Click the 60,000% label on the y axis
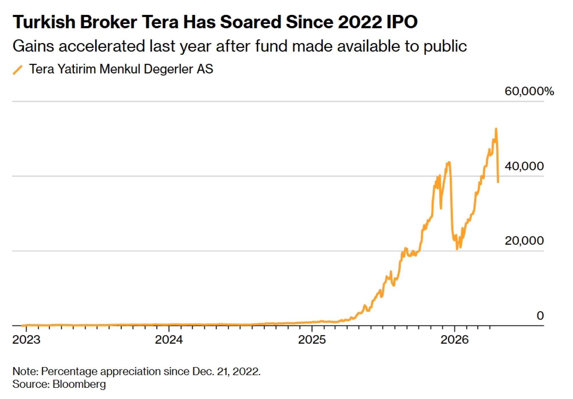coord(529,91)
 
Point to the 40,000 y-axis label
coord(524,166)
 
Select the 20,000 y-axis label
coord(524,241)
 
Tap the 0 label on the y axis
coord(540,316)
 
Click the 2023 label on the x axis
coord(26,340)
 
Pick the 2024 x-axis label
coord(169,340)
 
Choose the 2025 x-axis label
coord(312,340)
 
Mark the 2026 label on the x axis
coord(454,340)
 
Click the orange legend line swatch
coord(18,70)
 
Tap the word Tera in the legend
coord(42,69)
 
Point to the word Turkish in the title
coord(44,22)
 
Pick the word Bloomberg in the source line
coord(79,384)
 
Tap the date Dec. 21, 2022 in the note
coord(226,371)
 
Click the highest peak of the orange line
coord(496,129)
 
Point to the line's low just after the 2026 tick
coord(457,249)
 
